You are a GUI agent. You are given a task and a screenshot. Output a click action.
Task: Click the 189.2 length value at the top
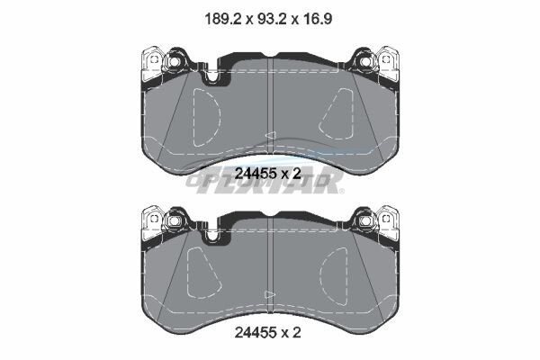coord(222,19)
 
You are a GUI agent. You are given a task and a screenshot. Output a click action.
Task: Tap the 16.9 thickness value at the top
coord(318,19)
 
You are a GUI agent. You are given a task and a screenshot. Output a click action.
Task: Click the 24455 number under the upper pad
coord(256,174)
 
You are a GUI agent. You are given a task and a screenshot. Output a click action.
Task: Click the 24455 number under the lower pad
coord(256,332)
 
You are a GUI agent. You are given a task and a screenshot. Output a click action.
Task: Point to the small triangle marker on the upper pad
coord(271,135)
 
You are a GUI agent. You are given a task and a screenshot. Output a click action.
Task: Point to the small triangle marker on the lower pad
coord(269,294)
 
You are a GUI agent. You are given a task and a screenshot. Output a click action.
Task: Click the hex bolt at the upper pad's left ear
coord(174,61)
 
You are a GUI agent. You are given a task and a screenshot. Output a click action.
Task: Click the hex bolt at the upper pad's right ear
coord(365,61)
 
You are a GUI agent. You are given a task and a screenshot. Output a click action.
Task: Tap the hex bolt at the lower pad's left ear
coord(174,220)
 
